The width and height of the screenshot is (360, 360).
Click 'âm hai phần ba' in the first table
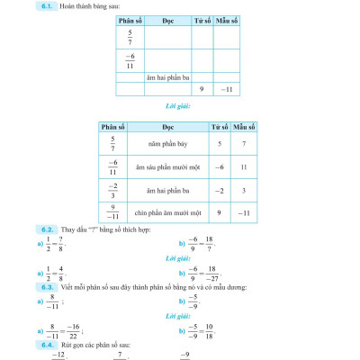point(167,77)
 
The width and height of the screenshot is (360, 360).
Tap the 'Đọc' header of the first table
point(167,18)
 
